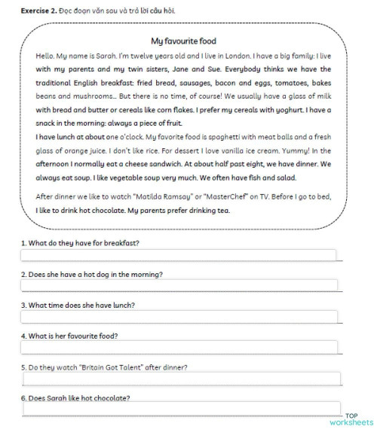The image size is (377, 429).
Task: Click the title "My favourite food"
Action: [x=183, y=41]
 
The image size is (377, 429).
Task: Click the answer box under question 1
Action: [x=179, y=255]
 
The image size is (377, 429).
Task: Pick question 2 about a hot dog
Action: [x=91, y=274]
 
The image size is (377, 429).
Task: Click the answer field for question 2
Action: [x=179, y=286]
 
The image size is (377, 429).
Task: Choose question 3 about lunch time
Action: [x=78, y=305]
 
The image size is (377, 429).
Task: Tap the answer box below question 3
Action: [x=179, y=317]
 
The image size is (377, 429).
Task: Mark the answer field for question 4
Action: [x=179, y=348]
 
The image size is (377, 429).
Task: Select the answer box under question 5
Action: [x=179, y=379]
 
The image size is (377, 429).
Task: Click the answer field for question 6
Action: [x=179, y=409]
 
